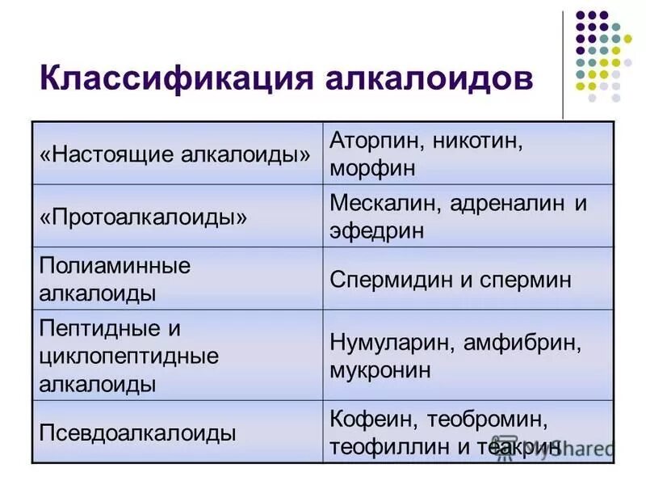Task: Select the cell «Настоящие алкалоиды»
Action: pyautogui.click(x=175, y=154)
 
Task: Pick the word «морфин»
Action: pyautogui.click(x=372, y=169)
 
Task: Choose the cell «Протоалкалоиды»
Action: pyautogui.click(x=144, y=217)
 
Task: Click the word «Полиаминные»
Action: pyautogui.click(x=115, y=265)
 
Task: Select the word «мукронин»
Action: pyautogui.click(x=380, y=371)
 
